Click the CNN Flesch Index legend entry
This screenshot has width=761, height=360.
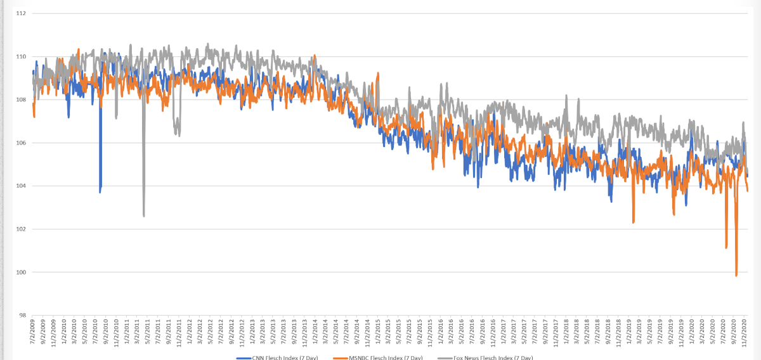pos(279,358)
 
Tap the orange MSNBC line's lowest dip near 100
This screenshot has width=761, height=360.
pos(736,276)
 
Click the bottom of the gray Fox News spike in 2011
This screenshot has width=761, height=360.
pos(144,216)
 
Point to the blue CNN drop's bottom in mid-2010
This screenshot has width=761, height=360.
pos(100,191)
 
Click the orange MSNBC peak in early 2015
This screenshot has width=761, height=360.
pos(378,73)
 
